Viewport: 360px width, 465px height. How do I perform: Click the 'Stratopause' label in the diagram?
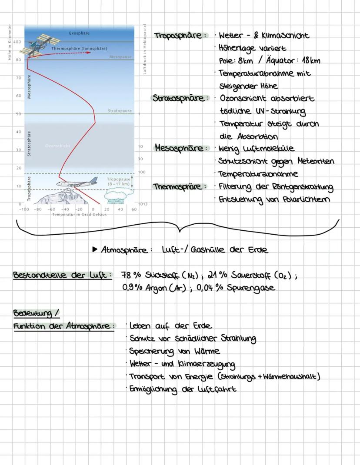tap(120, 111)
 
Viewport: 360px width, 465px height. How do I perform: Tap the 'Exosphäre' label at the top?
tap(80, 33)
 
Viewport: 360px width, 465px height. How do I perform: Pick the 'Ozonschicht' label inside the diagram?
tap(58, 146)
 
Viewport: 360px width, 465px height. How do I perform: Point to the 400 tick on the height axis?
tap(17, 42)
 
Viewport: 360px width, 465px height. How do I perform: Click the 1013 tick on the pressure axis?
tap(142, 204)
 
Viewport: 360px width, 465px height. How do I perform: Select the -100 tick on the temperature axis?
tap(24, 209)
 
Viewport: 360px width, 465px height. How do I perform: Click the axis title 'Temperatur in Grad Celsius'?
tap(79, 214)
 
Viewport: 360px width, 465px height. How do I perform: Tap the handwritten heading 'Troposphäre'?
tap(179, 35)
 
